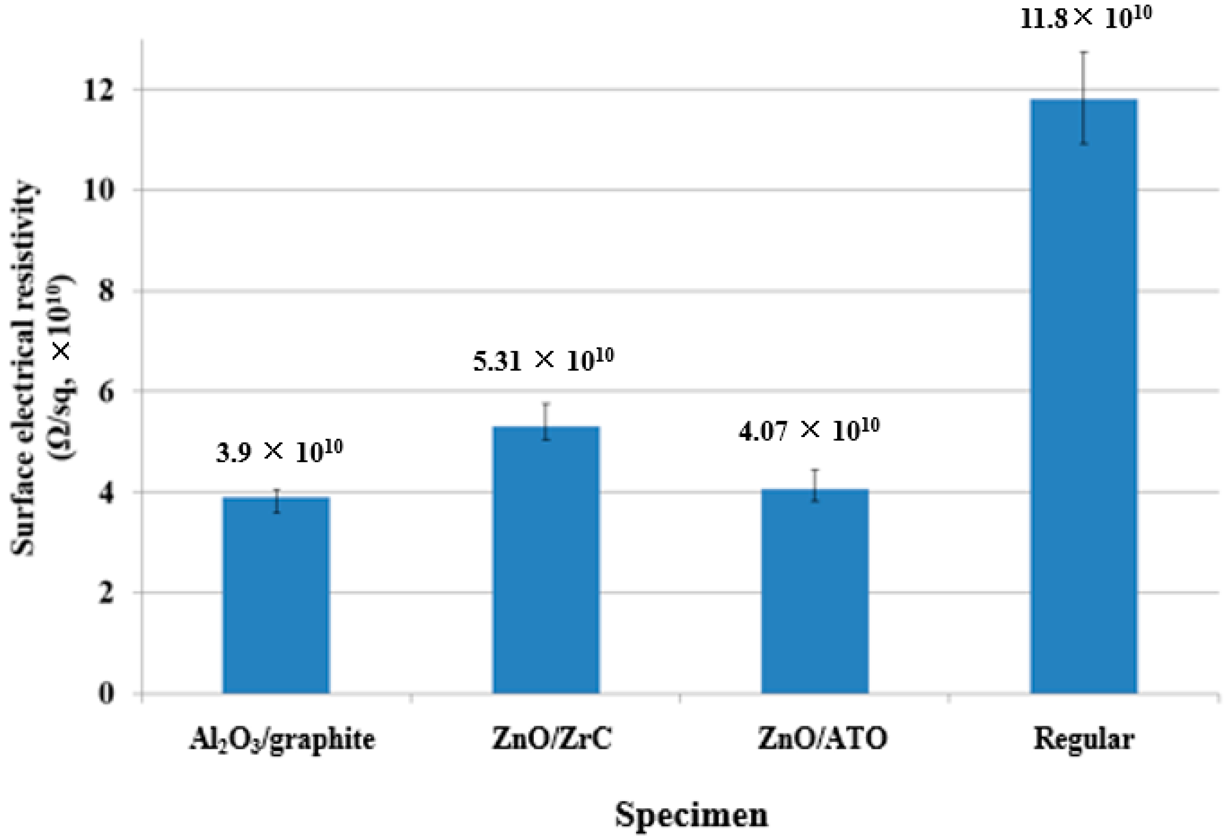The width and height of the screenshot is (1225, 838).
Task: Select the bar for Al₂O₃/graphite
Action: click(x=276, y=595)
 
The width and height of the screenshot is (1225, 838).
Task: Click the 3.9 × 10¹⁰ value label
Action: click(x=280, y=452)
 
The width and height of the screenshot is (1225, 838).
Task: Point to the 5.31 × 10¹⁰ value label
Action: click(x=543, y=361)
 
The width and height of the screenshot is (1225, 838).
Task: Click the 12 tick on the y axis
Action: click(x=98, y=90)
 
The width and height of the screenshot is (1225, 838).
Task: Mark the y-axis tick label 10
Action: click(x=98, y=191)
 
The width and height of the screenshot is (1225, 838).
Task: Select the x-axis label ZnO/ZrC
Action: click(x=551, y=739)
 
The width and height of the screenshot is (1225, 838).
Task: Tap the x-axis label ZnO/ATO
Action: click(x=822, y=739)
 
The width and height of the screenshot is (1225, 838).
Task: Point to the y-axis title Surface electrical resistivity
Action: click(x=24, y=369)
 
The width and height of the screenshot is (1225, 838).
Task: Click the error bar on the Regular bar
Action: click(x=1084, y=98)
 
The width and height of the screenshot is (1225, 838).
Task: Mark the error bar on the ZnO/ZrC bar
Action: click(x=547, y=421)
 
